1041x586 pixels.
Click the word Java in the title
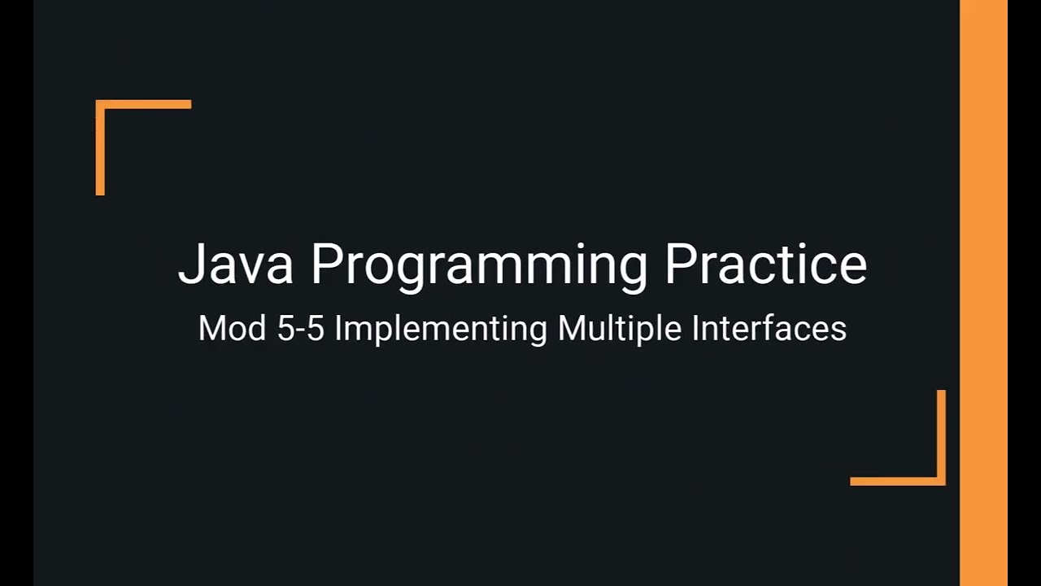[x=235, y=264]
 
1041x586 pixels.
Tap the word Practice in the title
[x=765, y=264]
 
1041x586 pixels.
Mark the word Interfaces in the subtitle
[x=769, y=328]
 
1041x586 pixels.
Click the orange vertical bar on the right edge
[x=983, y=293]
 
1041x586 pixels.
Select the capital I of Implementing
[x=338, y=328]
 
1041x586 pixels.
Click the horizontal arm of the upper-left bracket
[x=146, y=104]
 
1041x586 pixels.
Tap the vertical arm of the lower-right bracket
[x=941, y=435]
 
